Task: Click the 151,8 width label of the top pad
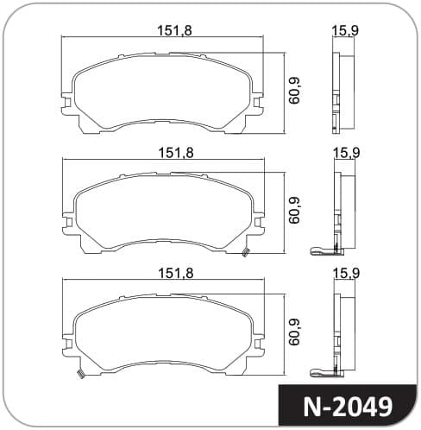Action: [174, 30]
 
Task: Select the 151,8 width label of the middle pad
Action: [177, 153]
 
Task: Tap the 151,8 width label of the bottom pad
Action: [177, 274]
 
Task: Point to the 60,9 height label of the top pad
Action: [294, 91]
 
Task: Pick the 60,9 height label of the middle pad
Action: [294, 210]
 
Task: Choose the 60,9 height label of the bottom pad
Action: [294, 332]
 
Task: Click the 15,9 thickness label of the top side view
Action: [345, 31]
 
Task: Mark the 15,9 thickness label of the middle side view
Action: [346, 153]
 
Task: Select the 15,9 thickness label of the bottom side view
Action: [346, 274]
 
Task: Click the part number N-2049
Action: [348, 407]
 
